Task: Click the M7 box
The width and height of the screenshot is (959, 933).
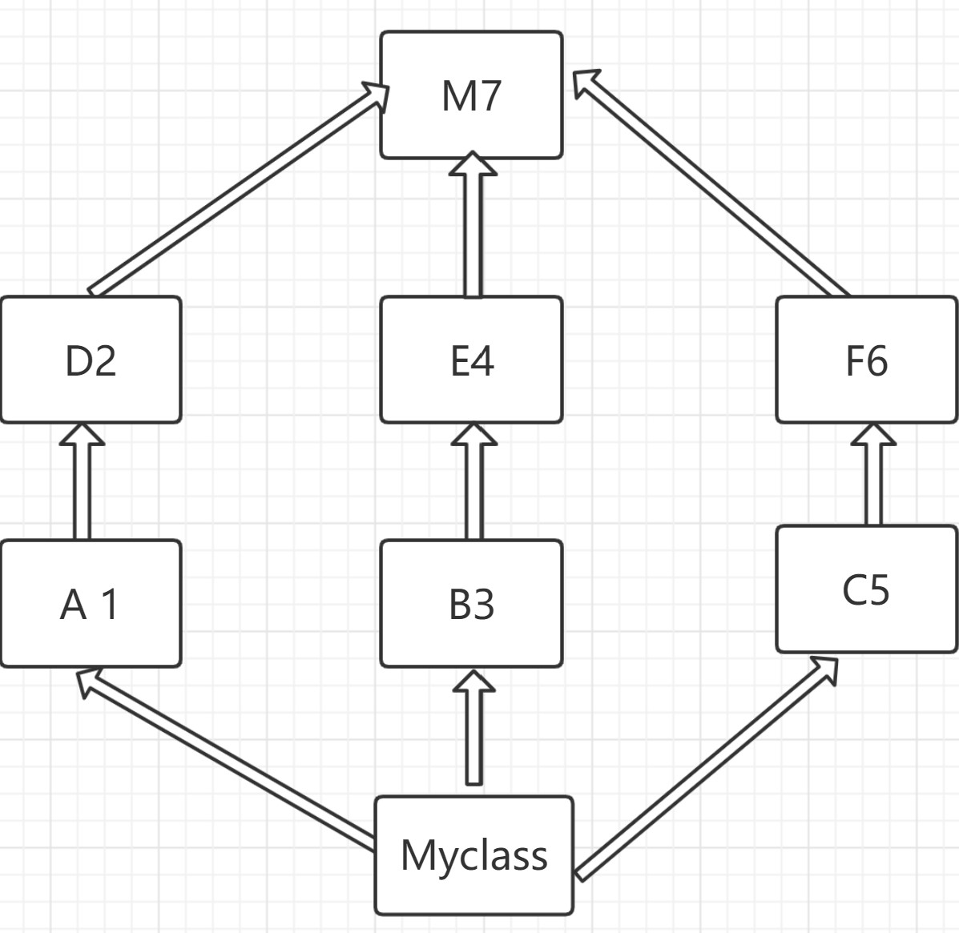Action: point(471,95)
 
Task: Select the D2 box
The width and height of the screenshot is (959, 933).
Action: point(91,360)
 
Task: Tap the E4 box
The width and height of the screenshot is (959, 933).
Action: point(471,360)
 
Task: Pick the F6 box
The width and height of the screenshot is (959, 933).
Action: point(867,360)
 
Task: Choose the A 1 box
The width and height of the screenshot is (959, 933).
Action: point(91,603)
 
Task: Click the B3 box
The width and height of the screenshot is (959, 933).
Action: point(471,603)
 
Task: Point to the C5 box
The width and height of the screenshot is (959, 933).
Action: point(867,589)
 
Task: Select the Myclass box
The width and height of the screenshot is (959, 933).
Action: point(473,855)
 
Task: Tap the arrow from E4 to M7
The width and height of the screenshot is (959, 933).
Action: point(473,232)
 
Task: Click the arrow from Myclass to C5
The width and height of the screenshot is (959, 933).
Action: point(705,769)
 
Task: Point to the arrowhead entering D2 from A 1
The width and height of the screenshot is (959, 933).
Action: point(82,435)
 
